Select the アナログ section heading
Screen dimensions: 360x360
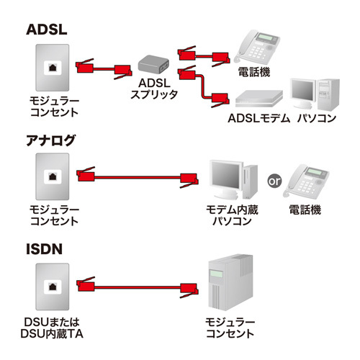[x=50, y=139]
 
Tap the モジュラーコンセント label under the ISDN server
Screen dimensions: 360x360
[x=230, y=328]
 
